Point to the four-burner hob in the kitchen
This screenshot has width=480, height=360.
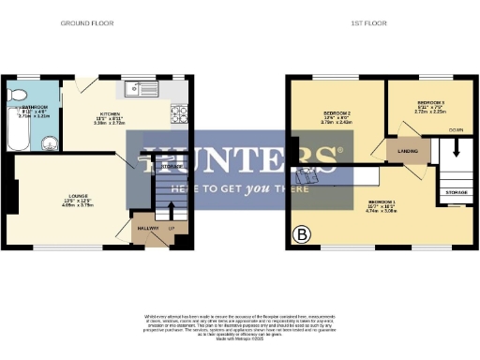[178, 115]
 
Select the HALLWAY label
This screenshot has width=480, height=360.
[146, 228]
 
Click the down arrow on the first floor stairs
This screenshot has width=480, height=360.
[457, 148]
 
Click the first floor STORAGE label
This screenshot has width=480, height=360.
[457, 193]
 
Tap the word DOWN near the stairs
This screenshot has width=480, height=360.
[456, 129]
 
